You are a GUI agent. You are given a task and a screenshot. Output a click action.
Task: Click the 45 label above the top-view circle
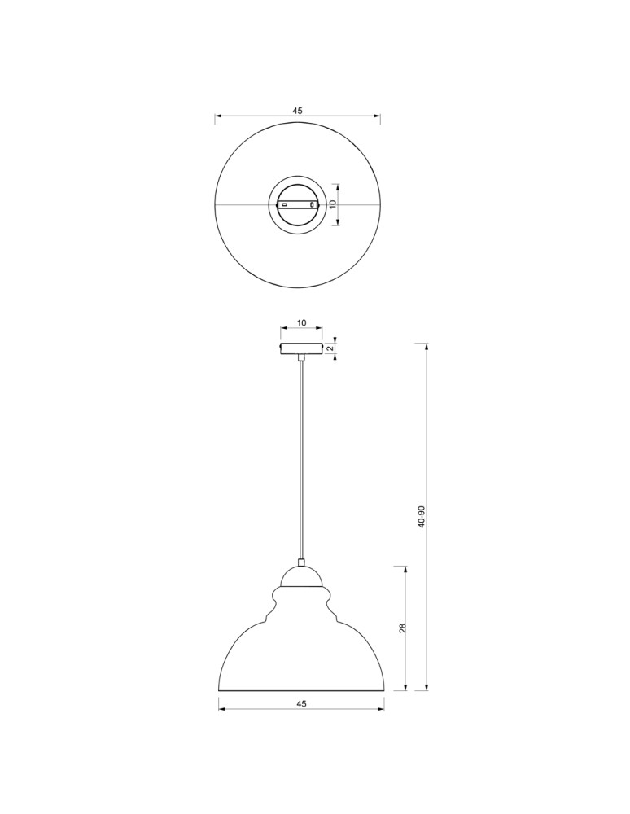click(297, 111)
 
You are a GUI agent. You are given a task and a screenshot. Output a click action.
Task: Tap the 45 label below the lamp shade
click(302, 704)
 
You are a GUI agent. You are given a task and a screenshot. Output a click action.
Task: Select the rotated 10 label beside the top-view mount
click(332, 204)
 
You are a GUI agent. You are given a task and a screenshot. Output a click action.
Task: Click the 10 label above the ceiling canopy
click(301, 323)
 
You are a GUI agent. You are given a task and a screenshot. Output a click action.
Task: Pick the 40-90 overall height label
click(421, 517)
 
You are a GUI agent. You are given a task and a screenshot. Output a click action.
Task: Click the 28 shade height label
click(402, 628)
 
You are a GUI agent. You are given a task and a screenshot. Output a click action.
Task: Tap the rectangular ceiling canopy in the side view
click(301, 349)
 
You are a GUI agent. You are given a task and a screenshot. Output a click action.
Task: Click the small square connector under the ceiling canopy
click(301, 357)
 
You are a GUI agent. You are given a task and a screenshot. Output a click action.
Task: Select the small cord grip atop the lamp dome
click(302, 563)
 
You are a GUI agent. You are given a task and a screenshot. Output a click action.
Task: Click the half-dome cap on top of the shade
click(302, 579)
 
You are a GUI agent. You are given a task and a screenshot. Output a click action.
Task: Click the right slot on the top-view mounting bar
click(313, 204)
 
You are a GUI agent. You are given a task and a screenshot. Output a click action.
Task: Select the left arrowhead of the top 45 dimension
click(218, 118)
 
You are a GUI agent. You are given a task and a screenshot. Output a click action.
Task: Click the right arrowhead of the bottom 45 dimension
click(382, 710)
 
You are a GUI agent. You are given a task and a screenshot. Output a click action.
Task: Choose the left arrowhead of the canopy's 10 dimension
click(283, 330)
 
